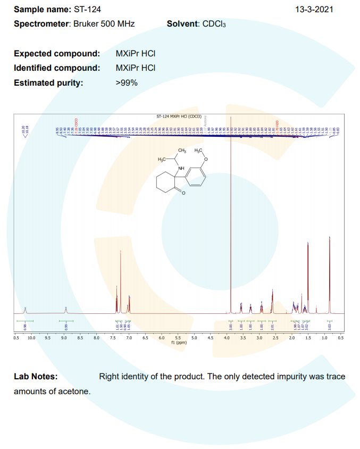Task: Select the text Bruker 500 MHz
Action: point(104,24)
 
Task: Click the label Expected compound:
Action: point(57,54)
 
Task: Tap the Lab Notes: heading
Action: point(36,377)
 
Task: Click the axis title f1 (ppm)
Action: point(178,343)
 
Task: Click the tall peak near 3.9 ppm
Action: point(231,213)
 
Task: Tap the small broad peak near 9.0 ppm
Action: point(65,310)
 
